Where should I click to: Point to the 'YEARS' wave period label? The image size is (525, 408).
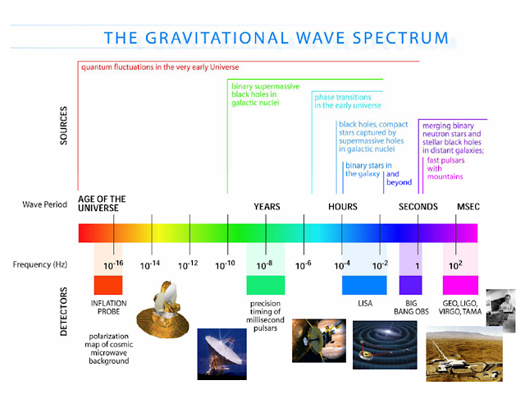[267, 207]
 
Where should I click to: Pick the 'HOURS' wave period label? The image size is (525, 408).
[343, 207]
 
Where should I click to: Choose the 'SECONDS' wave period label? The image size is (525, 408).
[418, 207]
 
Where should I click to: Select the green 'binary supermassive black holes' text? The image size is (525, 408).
[265, 97]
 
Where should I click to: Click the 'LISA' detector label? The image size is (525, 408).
[365, 304]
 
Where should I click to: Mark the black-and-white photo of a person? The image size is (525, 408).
[500, 309]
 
